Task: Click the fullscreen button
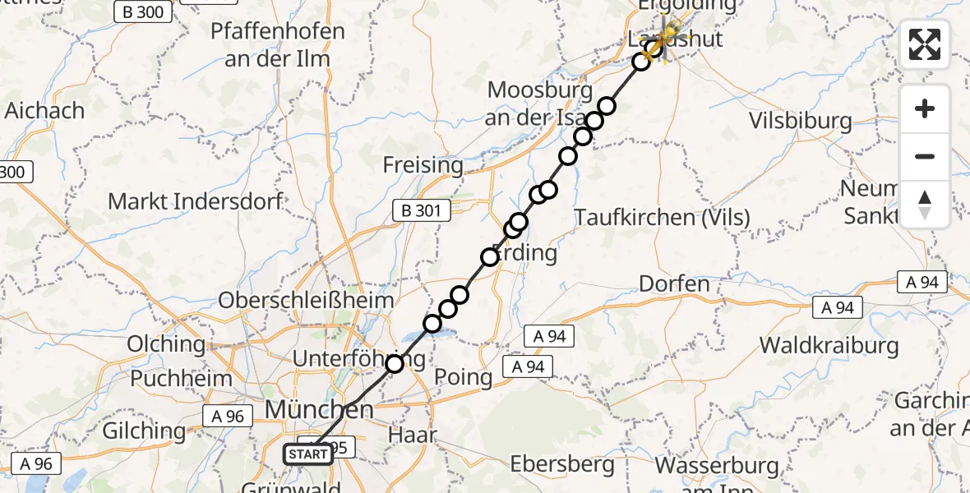[925, 44]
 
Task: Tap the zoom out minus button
[925, 156]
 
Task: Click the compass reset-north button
[925, 204]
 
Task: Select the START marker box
[308, 454]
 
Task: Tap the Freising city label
[423, 165]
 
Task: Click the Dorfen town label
[674, 284]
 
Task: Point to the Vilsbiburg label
[801, 122]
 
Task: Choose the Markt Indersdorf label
[196, 201]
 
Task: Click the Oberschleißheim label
[306, 300]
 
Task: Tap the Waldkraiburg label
[829, 344]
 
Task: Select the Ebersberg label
[562, 464]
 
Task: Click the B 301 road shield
[428, 211]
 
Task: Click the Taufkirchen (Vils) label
[663, 218]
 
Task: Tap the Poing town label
[465, 378]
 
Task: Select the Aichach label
[44, 110]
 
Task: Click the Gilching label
[144, 431]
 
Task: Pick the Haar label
[414, 435]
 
